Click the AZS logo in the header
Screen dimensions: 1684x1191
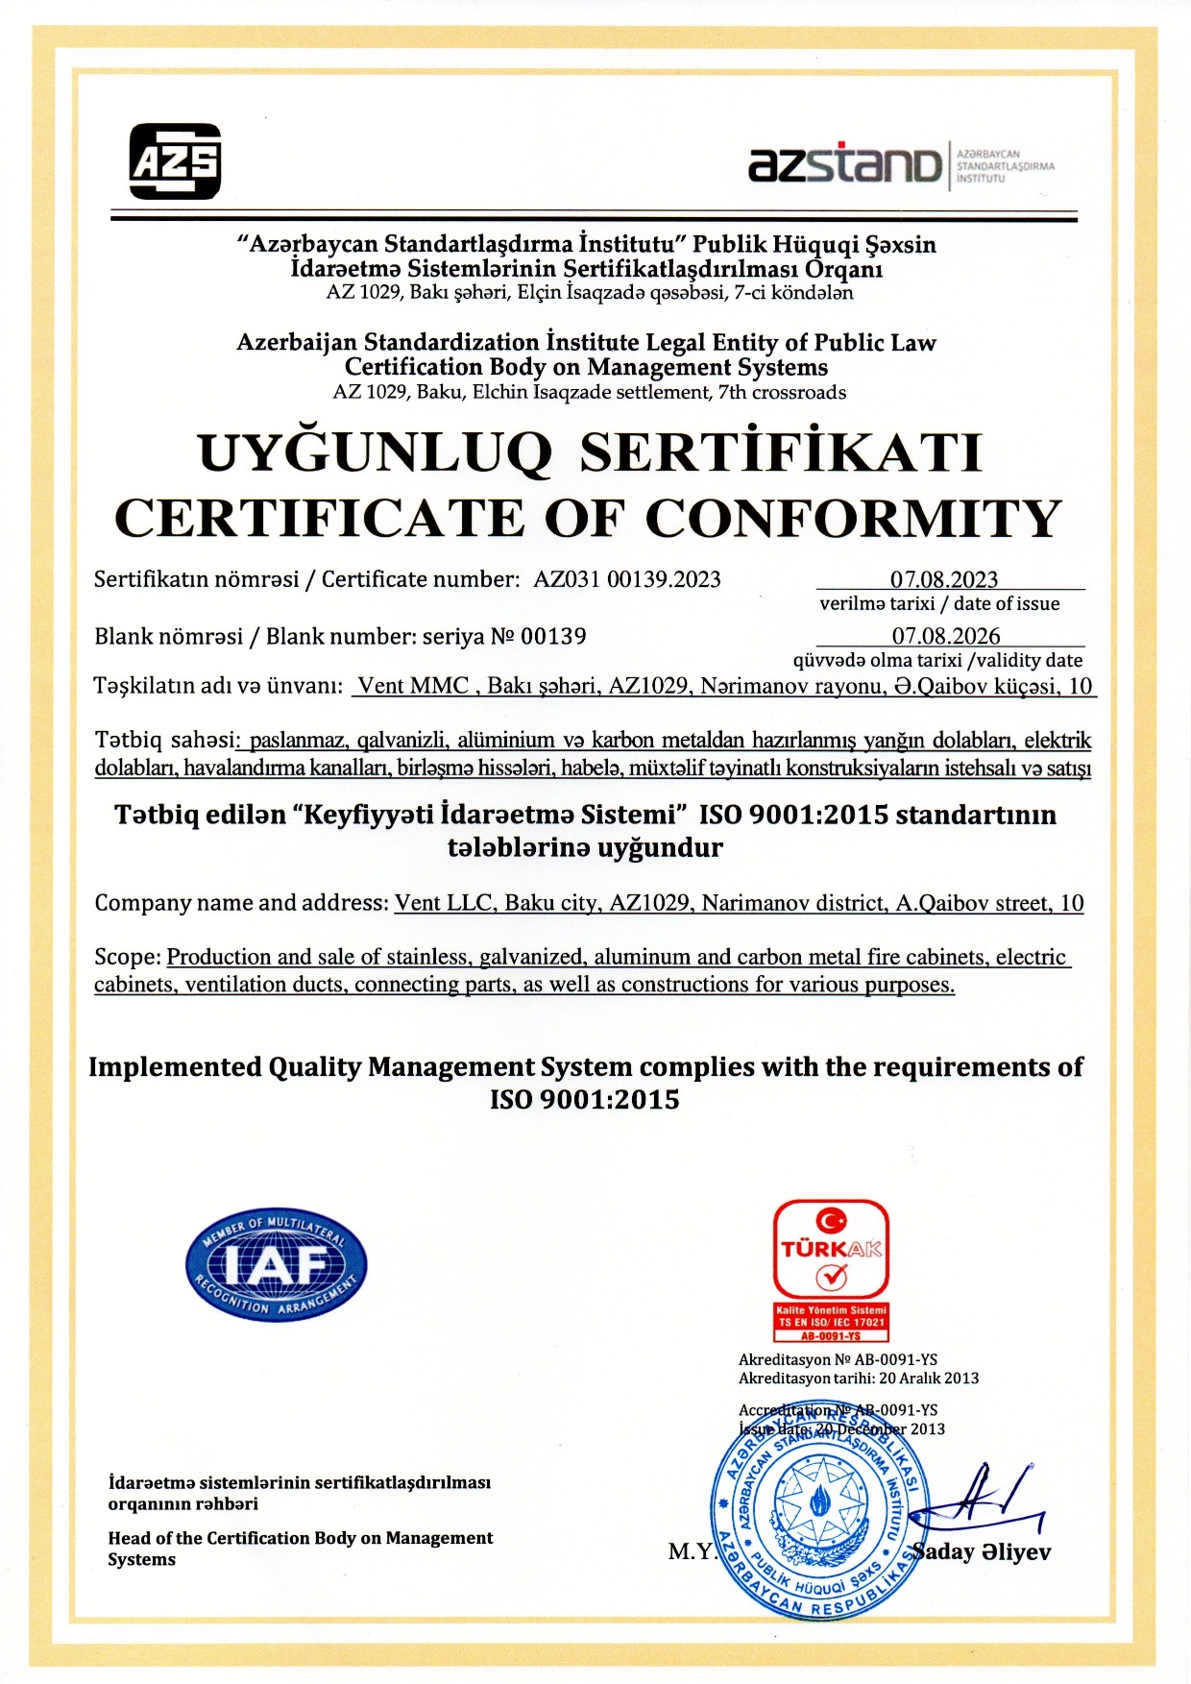(175, 161)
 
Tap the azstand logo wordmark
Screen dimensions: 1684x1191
(844, 164)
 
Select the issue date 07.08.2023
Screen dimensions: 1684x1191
(944, 579)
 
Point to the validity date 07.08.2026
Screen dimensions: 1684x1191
(946, 636)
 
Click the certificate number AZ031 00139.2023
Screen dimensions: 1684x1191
(627, 579)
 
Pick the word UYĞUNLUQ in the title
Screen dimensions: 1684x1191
(375, 452)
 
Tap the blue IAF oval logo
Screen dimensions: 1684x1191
(276, 1263)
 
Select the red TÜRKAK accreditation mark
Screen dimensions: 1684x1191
(831, 1268)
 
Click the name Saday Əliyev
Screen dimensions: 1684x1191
(982, 1552)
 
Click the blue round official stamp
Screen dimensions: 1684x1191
(819, 1516)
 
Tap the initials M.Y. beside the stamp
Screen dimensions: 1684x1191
(692, 1551)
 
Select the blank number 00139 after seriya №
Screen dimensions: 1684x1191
(553, 636)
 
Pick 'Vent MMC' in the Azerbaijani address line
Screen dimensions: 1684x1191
(413, 686)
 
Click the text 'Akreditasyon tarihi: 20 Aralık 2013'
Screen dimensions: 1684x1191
(858, 1379)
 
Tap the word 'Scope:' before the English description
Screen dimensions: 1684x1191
(127, 957)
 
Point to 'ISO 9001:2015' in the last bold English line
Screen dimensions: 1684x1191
(584, 1100)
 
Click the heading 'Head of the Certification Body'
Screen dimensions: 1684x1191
(300, 1538)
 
